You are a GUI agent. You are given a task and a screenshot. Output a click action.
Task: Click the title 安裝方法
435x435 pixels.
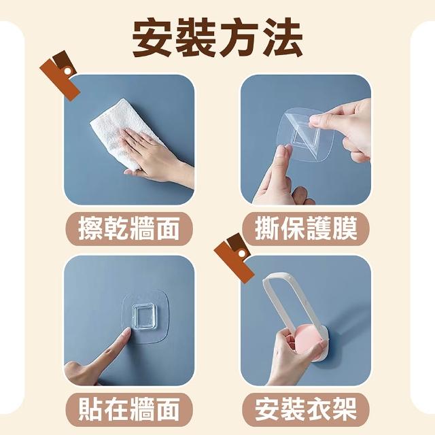tap(217, 37)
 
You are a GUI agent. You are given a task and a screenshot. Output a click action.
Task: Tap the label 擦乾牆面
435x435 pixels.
tap(128, 228)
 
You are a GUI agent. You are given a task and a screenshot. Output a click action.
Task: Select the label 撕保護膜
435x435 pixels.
tap(306, 228)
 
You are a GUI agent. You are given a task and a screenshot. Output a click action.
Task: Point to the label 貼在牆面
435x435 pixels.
tap(128, 409)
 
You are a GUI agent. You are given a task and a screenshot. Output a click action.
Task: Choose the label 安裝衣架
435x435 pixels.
tap(306, 409)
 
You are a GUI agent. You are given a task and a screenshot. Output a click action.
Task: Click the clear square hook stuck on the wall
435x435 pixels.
tap(143, 317)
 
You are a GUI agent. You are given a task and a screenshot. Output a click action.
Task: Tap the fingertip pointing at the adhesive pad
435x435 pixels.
tap(127, 332)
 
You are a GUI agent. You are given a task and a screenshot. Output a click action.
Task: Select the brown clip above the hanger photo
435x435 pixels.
tap(234, 257)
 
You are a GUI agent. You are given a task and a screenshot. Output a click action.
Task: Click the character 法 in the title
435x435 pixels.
tap(283, 37)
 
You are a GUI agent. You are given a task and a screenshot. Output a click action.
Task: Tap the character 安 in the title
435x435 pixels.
tap(152, 37)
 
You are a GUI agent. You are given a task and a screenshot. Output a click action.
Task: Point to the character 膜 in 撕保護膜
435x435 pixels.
tap(345, 228)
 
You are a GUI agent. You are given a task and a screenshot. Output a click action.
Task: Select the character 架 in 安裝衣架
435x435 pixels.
tap(345, 409)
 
